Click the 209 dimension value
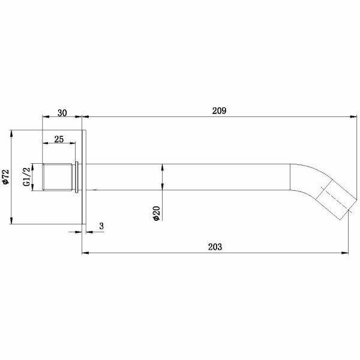point(219,111)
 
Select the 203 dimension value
point(215,247)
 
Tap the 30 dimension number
point(62,113)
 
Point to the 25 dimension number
point(59,139)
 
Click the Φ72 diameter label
point(5,177)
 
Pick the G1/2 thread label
point(26,176)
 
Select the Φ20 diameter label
point(157,214)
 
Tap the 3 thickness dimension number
point(101,226)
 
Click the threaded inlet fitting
point(58,177)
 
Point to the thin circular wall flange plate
point(84,177)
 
